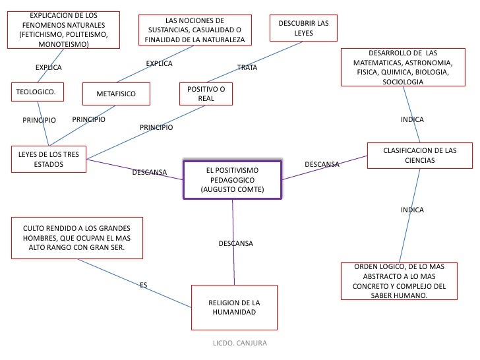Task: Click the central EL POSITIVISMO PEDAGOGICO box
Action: (x=232, y=180)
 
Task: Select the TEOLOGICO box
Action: (x=38, y=93)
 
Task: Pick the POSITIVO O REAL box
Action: (x=206, y=94)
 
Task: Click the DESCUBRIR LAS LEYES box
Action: (x=304, y=28)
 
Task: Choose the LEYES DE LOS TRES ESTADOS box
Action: (x=49, y=159)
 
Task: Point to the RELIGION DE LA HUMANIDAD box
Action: (x=234, y=307)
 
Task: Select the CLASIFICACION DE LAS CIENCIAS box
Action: (x=419, y=156)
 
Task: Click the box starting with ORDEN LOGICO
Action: (x=400, y=281)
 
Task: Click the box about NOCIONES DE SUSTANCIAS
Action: (x=195, y=30)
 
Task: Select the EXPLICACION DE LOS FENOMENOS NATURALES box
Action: (x=65, y=30)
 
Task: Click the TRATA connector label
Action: (x=247, y=68)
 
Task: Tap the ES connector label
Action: (x=143, y=285)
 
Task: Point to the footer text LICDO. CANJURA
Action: (x=237, y=344)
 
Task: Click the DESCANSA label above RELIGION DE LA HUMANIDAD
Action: (x=235, y=244)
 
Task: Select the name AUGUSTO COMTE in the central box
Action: (x=233, y=190)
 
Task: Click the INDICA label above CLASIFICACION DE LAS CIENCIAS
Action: (x=412, y=120)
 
